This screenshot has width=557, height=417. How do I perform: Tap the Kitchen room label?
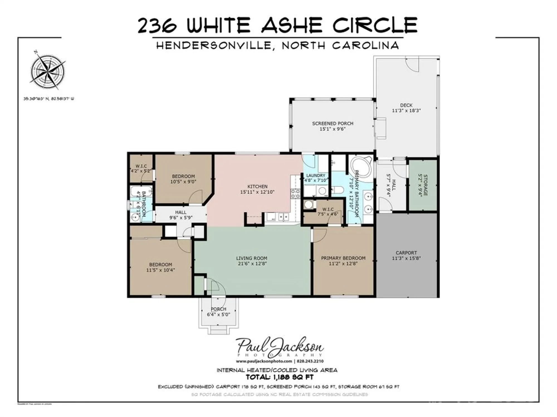[x=257, y=187]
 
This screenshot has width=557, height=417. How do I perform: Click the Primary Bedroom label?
[x=343, y=258]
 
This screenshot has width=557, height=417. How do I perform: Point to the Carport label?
[x=406, y=253]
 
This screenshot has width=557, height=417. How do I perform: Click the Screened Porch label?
[x=333, y=123]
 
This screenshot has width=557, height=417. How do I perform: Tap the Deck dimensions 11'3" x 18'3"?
[x=406, y=111]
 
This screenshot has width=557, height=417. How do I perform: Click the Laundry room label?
[x=316, y=175]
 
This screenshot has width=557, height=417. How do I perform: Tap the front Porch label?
[x=218, y=309]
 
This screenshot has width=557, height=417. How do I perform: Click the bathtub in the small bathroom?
[x=141, y=192]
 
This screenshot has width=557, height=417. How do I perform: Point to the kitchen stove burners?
[x=295, y=193]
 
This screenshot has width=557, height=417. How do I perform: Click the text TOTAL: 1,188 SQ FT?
[x=279, y=377]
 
